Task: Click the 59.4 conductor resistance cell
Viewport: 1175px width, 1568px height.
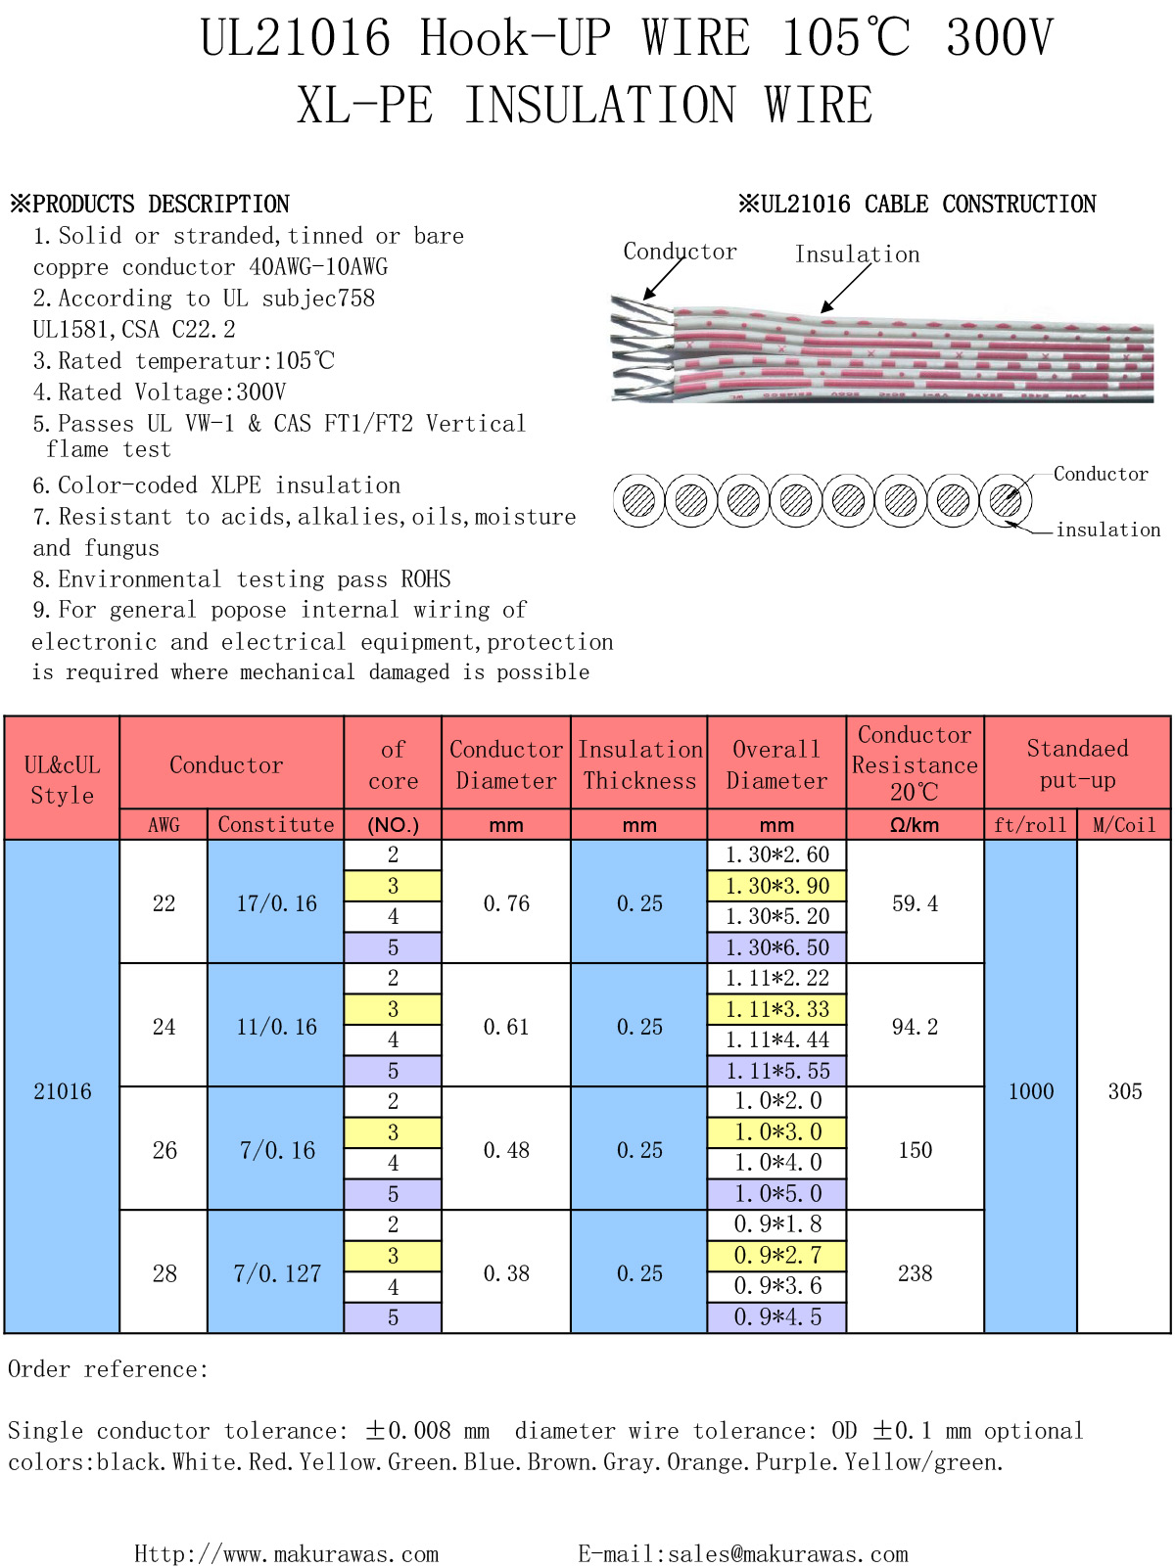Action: point(915,902)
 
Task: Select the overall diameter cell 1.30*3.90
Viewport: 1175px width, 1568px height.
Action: point(776,886)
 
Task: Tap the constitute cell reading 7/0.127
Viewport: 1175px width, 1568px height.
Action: point(276,1272)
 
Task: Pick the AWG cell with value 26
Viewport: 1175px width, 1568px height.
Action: point(164,1149)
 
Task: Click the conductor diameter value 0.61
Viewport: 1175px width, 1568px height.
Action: point(505,1026)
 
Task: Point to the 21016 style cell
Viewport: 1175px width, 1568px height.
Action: point(62,1090)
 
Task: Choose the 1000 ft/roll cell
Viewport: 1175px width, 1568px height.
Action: point(1030,1090)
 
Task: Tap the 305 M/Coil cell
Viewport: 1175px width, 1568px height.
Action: point(1124,1090)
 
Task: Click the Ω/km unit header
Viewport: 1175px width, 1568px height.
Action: point(915,825)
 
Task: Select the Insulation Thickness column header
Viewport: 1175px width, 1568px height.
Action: point(639,764)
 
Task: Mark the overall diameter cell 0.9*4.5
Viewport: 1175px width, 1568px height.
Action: point(776,1316)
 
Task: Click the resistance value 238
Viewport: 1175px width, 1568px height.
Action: point(915,1272)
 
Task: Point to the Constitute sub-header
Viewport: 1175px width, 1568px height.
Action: point(276,824)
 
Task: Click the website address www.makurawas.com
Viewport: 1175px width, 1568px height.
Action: point(287,1553)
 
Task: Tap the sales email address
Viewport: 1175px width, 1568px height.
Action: point(743,1553)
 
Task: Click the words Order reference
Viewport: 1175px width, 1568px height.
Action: point(107,1368)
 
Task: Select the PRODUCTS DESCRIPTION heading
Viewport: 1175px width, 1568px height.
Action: point(150,204)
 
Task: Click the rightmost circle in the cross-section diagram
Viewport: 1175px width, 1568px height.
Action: point(1005,500)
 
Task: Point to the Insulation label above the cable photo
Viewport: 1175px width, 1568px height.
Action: point(857,254)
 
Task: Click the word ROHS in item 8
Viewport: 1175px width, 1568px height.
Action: point(426,577)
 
